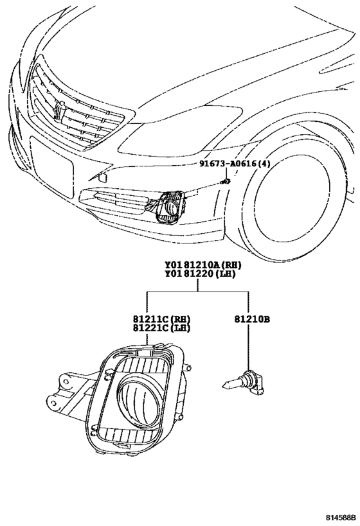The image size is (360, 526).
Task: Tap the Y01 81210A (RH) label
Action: click(203, 265)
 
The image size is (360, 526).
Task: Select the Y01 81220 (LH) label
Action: click(200, 274)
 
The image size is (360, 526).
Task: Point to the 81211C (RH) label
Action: click(161, 319)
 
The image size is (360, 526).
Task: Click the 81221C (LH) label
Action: click(161, 328)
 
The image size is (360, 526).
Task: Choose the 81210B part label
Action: click(252, 319)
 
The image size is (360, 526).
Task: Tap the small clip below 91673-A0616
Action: click(227, 182)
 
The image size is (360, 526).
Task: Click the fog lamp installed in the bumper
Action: click(170, 206)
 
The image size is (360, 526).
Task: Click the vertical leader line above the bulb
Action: click(249, 347)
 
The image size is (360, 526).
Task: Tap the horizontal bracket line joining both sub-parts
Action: click(197, 292)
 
